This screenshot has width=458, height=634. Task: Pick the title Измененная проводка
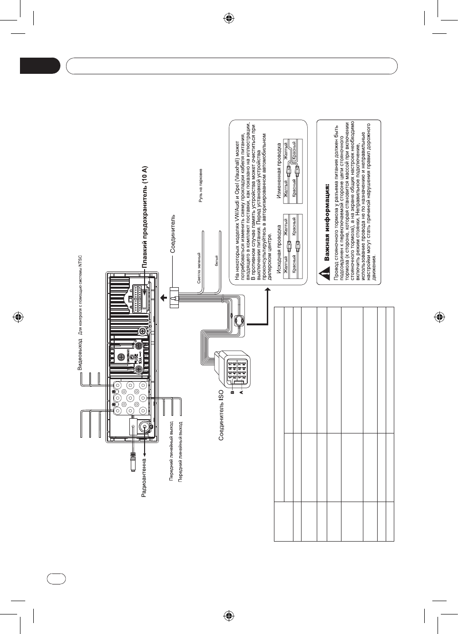pyautogui.click(x=279, y=172)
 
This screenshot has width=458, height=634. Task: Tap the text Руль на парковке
pyautogui.click(x=201, y=185)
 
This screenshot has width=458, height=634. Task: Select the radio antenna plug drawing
pyautogui.click(x=133, y=462)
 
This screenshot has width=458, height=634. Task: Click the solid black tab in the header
pyautogui.click(x=40, y=66)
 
